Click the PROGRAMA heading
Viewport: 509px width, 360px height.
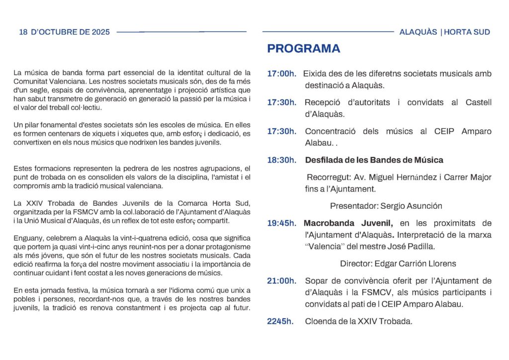tap(303, 49)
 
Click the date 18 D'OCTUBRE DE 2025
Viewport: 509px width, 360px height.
tap(64, 32)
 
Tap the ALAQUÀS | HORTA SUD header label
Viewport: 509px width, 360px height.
tap(444, 32)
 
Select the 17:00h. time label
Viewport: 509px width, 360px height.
tap(281, 74)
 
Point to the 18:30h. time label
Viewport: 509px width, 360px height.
tap(281, 160)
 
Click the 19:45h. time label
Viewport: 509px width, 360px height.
tap(281, 223)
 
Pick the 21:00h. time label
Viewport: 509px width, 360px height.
tap(281, 281)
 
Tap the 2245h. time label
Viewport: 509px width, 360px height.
tap(280, 321)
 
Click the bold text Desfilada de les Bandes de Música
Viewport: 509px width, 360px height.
tap(374, 160)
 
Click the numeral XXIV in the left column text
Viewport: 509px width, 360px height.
tap(33, 203)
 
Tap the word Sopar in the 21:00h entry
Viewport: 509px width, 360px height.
tap(315, 281)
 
